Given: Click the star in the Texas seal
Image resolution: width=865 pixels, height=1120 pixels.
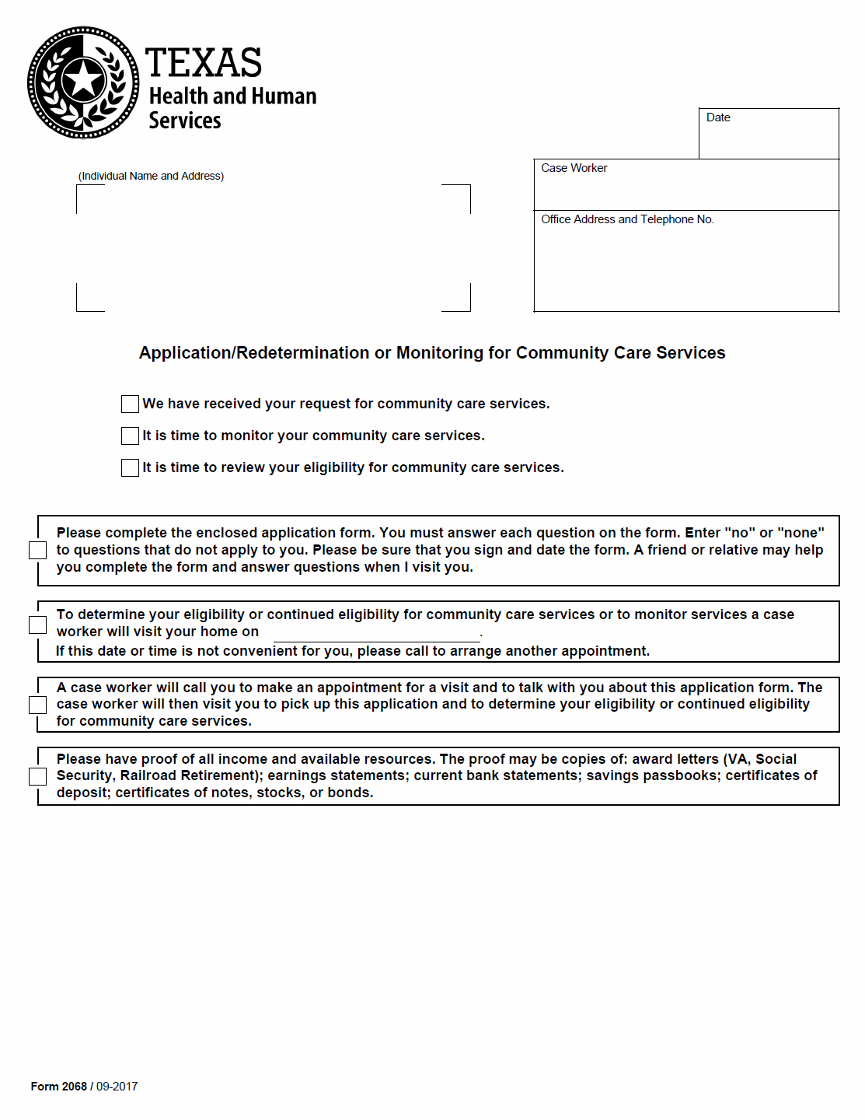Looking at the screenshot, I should click(82, 80).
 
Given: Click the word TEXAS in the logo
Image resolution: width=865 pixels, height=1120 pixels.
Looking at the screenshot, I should click(204, 63).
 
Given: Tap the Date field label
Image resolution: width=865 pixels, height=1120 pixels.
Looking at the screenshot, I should click(718, 117).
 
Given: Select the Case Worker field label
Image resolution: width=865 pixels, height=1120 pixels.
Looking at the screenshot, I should click(574, 168).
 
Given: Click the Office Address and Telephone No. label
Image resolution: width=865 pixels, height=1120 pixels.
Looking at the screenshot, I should click(627, 219).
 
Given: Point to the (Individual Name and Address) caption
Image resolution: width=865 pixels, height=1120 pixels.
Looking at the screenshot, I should click(151, 176).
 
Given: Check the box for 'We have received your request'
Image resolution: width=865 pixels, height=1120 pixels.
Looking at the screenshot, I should click(130, 404).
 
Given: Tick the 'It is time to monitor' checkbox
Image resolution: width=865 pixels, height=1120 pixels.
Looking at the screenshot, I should click(130, 436).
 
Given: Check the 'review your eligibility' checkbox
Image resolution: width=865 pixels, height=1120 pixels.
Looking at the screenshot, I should click(130, 467).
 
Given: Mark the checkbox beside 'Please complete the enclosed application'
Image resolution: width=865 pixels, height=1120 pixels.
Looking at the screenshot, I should click(37, 550).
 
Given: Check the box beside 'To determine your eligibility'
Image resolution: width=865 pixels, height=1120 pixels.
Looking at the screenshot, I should click(37, 625).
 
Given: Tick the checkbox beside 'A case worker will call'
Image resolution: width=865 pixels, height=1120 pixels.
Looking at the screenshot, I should click(37, 705).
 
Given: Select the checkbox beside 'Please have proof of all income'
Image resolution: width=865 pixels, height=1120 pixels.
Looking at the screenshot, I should click(37, 776).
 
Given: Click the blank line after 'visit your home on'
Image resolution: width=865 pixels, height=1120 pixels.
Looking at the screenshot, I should click(377, 635).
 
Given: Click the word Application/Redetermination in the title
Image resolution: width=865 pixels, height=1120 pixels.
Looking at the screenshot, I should click(254, 353).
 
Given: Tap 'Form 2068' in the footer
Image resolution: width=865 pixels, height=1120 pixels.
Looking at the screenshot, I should click(59, 1087).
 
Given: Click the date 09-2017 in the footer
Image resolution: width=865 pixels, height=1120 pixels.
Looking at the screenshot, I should click(117, 1087).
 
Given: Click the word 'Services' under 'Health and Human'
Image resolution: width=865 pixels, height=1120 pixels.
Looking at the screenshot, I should click(185, 121).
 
